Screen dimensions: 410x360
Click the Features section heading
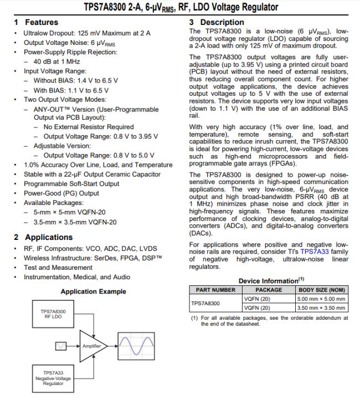click(36, 22)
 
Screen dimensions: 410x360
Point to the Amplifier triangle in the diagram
click(91, 346)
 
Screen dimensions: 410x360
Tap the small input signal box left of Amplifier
click(61, 346)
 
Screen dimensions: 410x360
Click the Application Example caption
click(93, 291)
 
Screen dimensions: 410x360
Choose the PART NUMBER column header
click(215, 290)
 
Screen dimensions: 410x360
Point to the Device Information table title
click(268, 280)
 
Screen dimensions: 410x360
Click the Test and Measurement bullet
click(58, 267)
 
